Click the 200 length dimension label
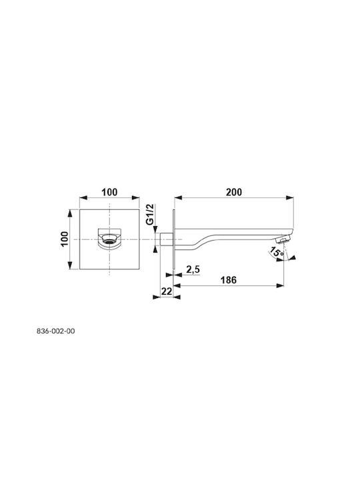[234, 192]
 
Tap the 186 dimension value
[229, 280]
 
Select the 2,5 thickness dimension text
[193, 270]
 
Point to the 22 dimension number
[167, 291]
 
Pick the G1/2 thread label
[150, 214]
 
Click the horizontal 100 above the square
[109, 192]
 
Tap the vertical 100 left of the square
[65, 239]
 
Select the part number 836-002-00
[56, 331]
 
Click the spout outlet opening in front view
[109, 238]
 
